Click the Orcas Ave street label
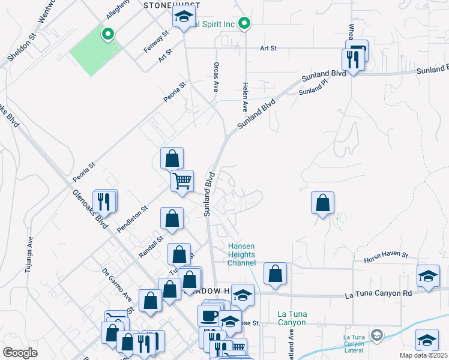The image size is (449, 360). point(215,77)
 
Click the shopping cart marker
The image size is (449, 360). point(182,179)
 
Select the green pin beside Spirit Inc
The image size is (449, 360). point(244,23)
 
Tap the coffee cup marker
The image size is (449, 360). point(209,315)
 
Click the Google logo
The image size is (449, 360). point(20,353)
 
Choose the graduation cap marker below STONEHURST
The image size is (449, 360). point(183,17)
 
